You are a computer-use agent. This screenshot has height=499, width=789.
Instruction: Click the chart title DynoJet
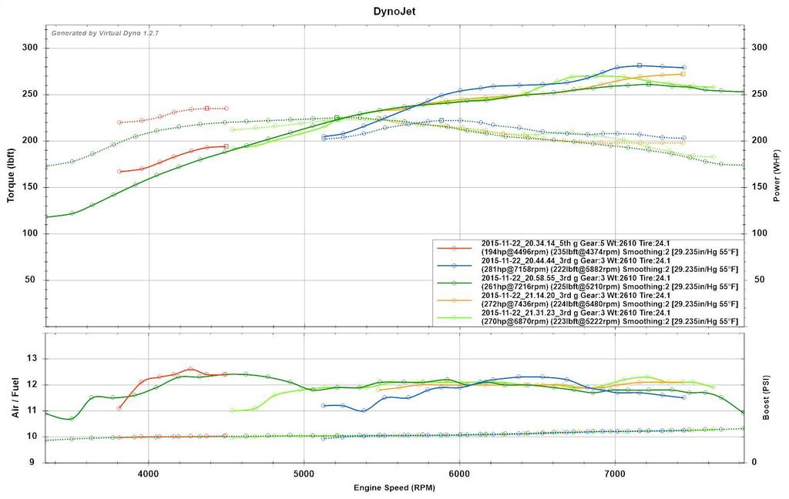pyautogui.click(x=394, y=12)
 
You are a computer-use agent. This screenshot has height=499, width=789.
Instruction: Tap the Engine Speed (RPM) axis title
pyautogui.click(x=394, y=488)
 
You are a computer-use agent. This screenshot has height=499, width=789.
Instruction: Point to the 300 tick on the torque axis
pyautogui.click(x=30, y=48)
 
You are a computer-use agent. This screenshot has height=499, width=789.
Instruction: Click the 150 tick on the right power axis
pyautogui.click(x=759, y=187)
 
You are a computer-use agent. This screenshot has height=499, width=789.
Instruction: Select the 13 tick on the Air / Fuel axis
pyautogui.click(x=33, y=358)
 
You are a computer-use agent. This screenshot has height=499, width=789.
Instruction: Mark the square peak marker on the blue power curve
pyautogui.click(x=640, y=65)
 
